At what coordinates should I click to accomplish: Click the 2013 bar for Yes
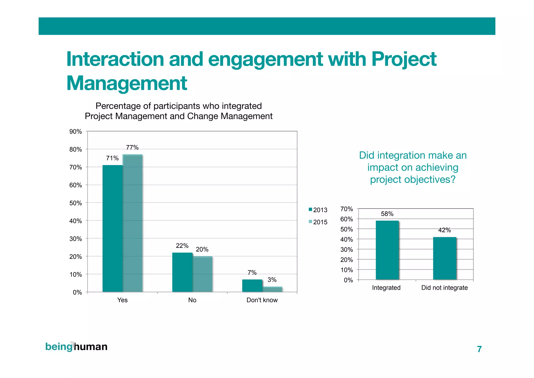tap(112, 228)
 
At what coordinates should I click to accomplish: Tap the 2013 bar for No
tap(182, 272)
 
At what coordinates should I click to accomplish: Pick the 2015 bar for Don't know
tap(272, 289)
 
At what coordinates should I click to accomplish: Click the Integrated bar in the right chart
tap(387, 250)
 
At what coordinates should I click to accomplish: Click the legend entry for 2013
tap(318, 210)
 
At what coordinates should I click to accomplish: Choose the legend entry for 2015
tap(318, 222)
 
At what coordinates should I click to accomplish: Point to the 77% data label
tap(132, 148)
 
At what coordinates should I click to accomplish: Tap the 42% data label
tap(444, 230)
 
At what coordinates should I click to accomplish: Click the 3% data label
tap(272, 280)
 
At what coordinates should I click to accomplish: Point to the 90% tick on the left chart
tap(76, 132)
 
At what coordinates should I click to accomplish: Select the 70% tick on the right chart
tap(347, 209)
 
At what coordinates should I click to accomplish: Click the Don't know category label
tap(262, 300)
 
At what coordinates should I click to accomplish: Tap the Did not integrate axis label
tap(444, 288)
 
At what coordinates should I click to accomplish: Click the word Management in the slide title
tap(127, 83)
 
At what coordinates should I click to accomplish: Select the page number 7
tap(479, 349)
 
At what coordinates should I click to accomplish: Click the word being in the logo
tap(59, 347)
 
